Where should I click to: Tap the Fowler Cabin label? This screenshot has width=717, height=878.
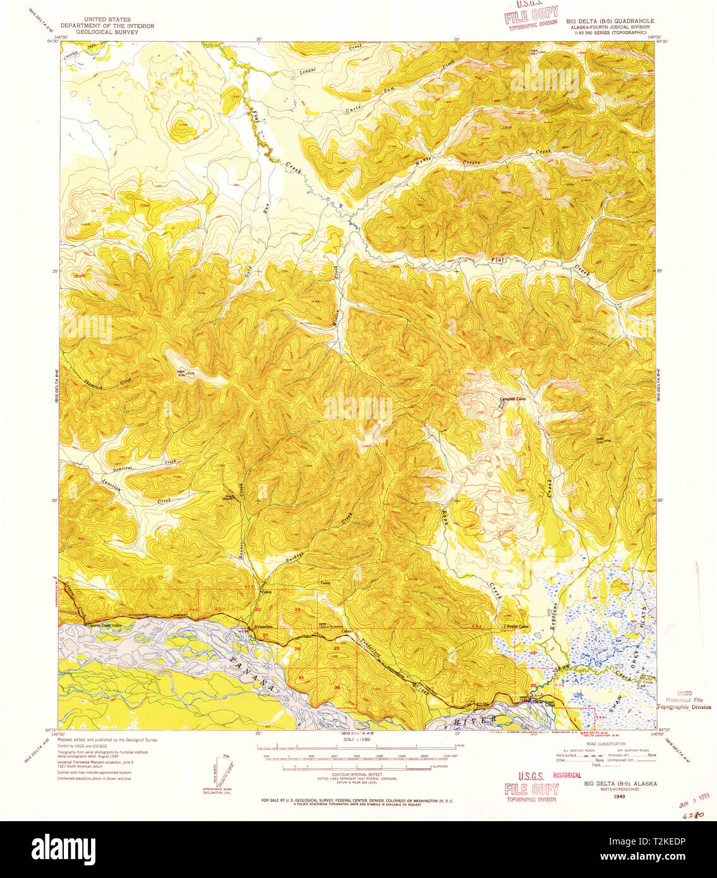click(517, 627)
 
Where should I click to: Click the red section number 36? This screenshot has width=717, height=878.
click(337, 687)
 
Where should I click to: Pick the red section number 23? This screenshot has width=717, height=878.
click(297, 608)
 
